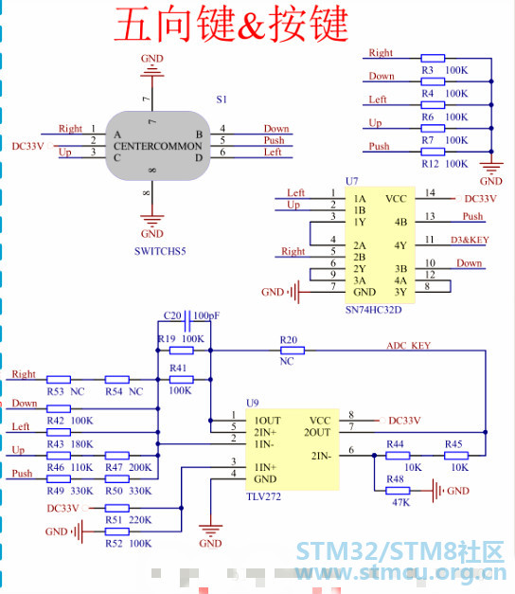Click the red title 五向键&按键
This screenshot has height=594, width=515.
pos(231,24)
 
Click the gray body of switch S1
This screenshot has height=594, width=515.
pos(157,146)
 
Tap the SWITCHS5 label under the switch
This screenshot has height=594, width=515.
pos(160,251)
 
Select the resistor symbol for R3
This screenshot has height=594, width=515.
pos(433,58)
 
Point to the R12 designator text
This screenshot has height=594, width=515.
pos(430,164)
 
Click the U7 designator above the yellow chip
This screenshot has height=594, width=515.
pos(352,181)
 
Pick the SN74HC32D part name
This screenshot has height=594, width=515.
pos(373,310)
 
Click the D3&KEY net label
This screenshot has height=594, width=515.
pos(470,240)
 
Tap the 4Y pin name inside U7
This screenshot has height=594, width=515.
pos(400,245)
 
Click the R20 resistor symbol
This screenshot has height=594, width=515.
pos(293,351)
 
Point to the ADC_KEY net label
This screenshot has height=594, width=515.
pos(409,346)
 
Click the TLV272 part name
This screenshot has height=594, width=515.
pos(263,496)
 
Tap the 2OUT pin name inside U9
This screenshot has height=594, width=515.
pos(317,432)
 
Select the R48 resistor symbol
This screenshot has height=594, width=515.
pos(398,491)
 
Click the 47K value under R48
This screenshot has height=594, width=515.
pos(401,503)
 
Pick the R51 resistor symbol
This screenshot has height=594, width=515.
pos(117,508)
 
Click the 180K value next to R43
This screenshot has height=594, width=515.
pos(81,444)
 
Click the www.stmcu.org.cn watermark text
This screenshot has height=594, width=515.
pos(400,573)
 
